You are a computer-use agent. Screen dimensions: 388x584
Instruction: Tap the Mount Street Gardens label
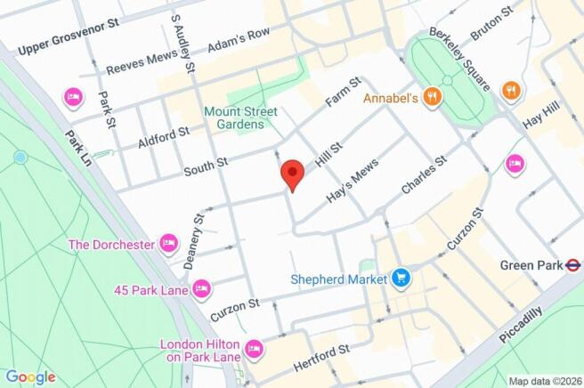point(240,117)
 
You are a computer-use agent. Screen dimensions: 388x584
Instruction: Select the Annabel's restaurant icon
point(432,97)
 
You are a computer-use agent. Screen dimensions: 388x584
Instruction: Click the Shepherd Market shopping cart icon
point(401,279)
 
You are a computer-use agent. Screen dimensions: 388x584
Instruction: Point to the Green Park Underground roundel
point(574,264)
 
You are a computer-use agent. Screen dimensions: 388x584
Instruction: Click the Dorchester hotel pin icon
point(168,243)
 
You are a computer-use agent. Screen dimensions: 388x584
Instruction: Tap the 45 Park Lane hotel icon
point(201,288)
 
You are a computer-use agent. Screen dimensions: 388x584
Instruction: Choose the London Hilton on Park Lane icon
point(254,349)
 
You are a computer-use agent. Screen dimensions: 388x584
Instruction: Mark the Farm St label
point(343,93)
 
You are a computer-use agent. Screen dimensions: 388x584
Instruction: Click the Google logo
point(31,376)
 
